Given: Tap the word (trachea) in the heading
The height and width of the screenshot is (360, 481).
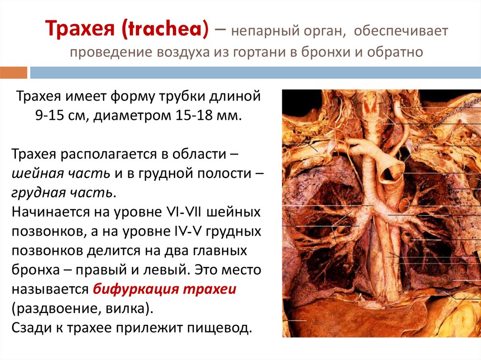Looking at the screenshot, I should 165,31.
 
